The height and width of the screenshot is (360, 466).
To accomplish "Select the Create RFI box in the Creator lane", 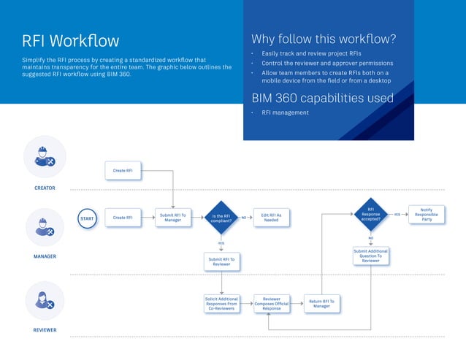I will pos(123,171).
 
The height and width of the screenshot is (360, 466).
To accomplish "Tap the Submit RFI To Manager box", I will pos(173,218).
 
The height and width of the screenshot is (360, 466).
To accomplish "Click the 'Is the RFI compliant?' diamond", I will pos(221,218).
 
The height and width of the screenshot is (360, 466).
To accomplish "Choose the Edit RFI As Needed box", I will pos(271,218).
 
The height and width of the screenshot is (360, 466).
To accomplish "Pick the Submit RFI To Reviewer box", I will pos(221,261).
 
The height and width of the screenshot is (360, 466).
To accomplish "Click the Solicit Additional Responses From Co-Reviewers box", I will pos(221,304).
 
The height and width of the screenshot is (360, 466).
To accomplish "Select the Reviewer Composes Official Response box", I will pos(271,304).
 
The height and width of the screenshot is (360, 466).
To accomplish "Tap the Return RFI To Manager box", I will pos(321,304).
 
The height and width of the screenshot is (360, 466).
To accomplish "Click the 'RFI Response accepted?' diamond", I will pos(371,215).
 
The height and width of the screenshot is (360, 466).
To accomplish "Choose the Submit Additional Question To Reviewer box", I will pos(371,256).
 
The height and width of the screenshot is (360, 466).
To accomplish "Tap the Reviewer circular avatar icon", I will pos(45,301).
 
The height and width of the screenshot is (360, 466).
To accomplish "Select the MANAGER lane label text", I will pos(45,256).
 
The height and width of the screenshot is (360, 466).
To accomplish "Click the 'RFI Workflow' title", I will pos(70,41).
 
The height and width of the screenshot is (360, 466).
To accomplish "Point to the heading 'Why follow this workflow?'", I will pos(323,39).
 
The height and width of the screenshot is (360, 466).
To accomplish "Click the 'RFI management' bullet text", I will pos(285,112).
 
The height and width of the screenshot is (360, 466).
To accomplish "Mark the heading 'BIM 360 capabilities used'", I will pos(322,98).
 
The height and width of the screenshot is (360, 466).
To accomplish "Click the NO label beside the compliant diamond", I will pos(244,218).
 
